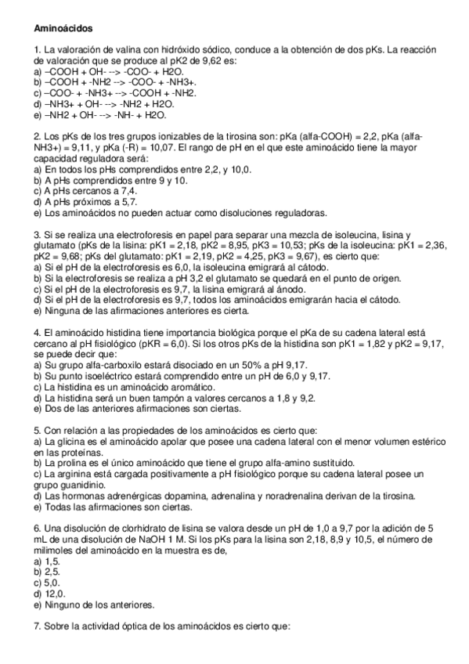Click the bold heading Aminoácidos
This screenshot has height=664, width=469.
tap(63, 28)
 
